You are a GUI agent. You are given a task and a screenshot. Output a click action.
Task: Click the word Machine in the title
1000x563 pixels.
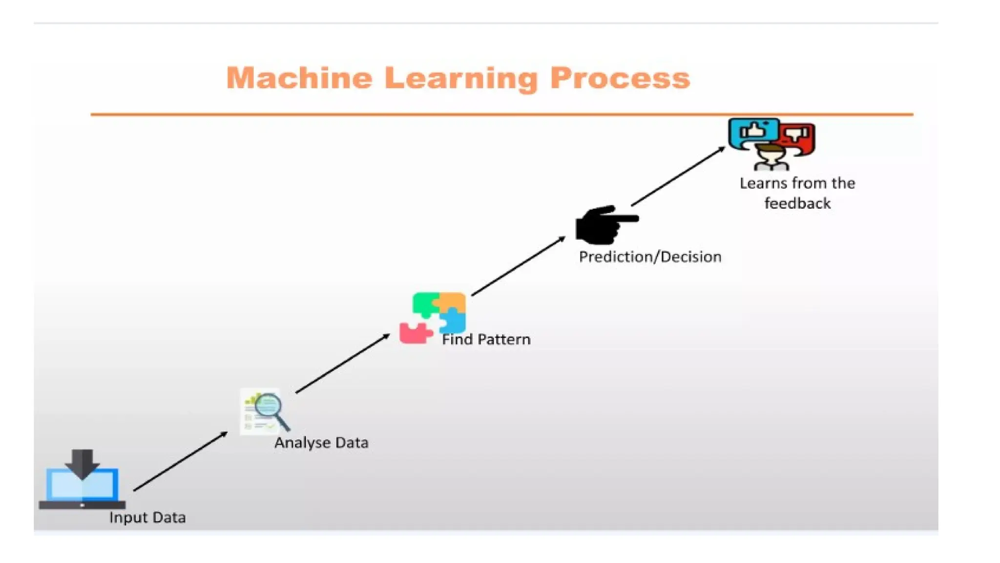point(299,78)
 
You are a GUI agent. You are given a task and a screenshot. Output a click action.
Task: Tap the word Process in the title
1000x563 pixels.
point(620,78)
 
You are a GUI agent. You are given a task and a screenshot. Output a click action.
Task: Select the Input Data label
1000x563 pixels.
point(147,518)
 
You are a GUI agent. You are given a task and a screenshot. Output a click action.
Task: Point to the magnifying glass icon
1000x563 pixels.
point(271,411)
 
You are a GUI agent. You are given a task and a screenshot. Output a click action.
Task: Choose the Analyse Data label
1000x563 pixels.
point(321,443)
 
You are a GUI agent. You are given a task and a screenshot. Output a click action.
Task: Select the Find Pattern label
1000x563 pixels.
point(486,340)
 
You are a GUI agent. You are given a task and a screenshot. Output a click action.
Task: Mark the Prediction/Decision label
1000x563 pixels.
point(650,257)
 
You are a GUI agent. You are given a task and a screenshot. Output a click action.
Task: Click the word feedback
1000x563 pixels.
point(797,203)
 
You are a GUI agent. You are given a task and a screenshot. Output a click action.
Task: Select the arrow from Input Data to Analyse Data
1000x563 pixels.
point(181,461)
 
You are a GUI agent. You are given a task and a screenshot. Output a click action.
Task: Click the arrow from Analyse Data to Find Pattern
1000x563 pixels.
point(343,363)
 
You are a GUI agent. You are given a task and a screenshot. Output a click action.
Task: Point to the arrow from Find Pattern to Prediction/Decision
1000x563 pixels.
point(519,266)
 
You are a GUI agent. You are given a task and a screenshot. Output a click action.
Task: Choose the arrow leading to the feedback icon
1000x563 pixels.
point(678,176)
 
